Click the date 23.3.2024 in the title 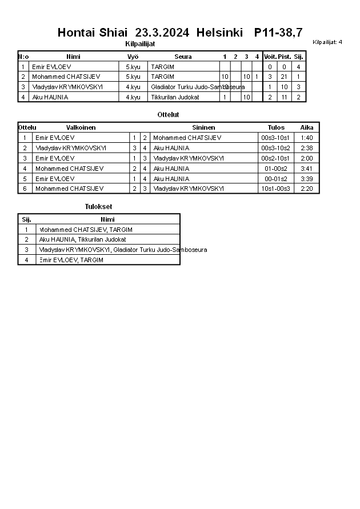pos(162,33)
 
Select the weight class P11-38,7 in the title pos(278,33)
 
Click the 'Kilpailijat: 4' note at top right pos(327,42)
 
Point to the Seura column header pos(183,57)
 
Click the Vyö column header pos(133,57)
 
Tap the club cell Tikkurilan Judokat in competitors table pos(175,97)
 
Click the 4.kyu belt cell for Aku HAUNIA pos(133,97)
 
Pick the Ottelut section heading pos(168,115)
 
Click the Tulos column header pos(276,127)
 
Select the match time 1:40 pos(306,138)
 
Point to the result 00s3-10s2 pos(275,148)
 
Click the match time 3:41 pos(306,169)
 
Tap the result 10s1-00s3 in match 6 pos(275,189)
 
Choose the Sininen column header pos(203,127)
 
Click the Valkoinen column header pos(81,127)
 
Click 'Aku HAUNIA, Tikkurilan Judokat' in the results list pos(82,239)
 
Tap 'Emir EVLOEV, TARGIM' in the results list pos(71,260)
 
